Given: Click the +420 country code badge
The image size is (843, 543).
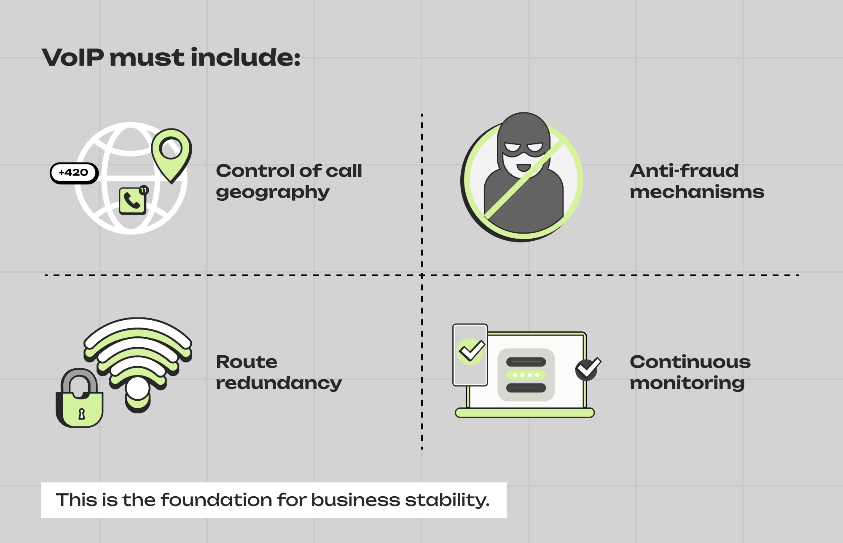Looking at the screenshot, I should pyautogui.click(x=74, y=173).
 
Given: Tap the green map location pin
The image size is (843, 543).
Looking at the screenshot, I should pyautogui.click(x=171, y=152).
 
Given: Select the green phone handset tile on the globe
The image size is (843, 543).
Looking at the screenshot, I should pyautogui.click(x=132, y=201).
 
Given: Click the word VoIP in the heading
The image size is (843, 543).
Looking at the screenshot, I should pyautogui.click(x=73, y=57).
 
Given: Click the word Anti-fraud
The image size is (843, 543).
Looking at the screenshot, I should pyautogui.click(x=684, y=171).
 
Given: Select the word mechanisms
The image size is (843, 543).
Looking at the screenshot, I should pyautogui.click(x=696, y=192).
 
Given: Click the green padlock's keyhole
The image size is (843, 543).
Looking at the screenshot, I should pyautogui.click(x=82, y=414).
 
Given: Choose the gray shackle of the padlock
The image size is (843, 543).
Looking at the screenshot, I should pyautogui.click(x=79, y=379).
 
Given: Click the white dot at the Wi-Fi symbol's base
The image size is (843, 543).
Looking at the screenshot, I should pyautogui.click(x=137, y=389).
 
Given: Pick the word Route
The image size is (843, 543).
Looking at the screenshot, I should pyautogui.click(x=247, y=362).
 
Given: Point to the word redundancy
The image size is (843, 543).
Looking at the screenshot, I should pyautogui.click(x=279, y=383).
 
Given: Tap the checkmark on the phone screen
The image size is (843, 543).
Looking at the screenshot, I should pyautogui.click(x=471, y=351).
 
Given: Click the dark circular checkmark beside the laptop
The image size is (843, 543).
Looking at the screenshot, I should pyautogui.click(x=587, y=369).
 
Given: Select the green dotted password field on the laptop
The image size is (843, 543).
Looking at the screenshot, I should pyautogui.click(x=526, y=375).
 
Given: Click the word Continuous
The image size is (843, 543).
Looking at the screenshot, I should pyautogui.click(x=690, y=362).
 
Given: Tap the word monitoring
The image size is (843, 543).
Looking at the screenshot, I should pyautogui.click(x=687, y=383).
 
